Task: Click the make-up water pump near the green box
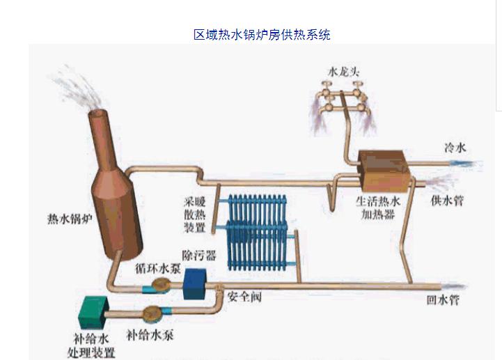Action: coord(152,314)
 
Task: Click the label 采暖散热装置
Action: coord(196,212)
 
